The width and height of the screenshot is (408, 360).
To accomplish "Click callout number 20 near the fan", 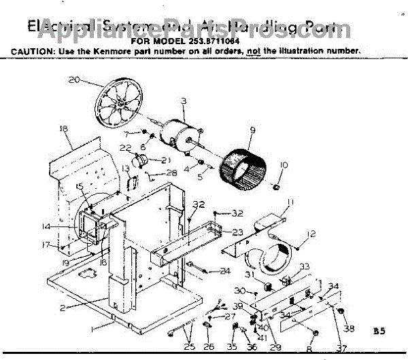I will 75,80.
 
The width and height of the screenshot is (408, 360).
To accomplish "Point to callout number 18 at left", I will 64,128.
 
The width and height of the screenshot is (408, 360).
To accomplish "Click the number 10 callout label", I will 284,165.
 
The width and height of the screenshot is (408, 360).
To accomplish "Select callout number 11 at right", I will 290,202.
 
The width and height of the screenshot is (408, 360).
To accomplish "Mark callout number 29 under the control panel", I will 276,347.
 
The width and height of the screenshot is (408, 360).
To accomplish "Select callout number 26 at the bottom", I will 209,346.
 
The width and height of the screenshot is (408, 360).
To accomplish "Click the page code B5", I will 379,331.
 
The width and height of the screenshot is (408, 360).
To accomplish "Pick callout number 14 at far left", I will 46,226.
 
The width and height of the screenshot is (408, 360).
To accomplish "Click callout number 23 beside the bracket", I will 237,232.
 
